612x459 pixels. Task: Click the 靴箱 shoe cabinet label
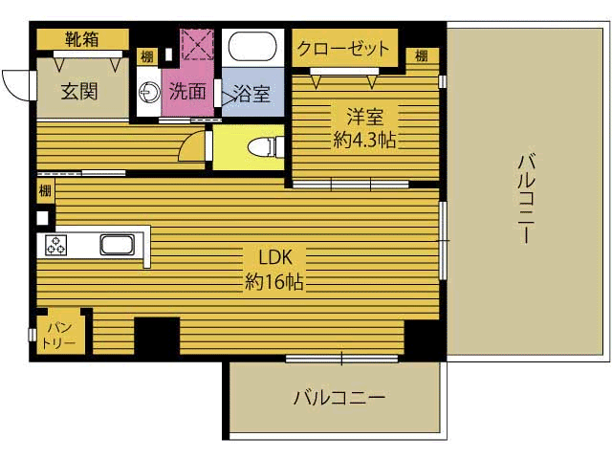[82, 39]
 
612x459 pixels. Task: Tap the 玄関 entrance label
[79, 92]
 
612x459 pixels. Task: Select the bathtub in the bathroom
[252, 47]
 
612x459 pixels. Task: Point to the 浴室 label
[251, 94]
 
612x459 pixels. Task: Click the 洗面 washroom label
[187, 92]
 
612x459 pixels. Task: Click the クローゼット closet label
[343, 49]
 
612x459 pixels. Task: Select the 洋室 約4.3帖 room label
[364, 128]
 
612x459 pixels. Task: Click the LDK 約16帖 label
[274, 270]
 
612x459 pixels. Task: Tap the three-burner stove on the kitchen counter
[55, 245]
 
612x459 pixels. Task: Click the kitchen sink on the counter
[118, 245]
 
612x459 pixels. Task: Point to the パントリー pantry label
[58, 336]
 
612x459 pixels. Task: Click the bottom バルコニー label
[339, 398]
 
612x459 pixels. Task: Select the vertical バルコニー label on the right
[527, 198]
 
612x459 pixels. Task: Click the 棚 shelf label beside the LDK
[45, 191]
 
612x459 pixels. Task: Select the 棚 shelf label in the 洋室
[422, 55]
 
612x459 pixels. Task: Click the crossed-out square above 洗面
[198, 44]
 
